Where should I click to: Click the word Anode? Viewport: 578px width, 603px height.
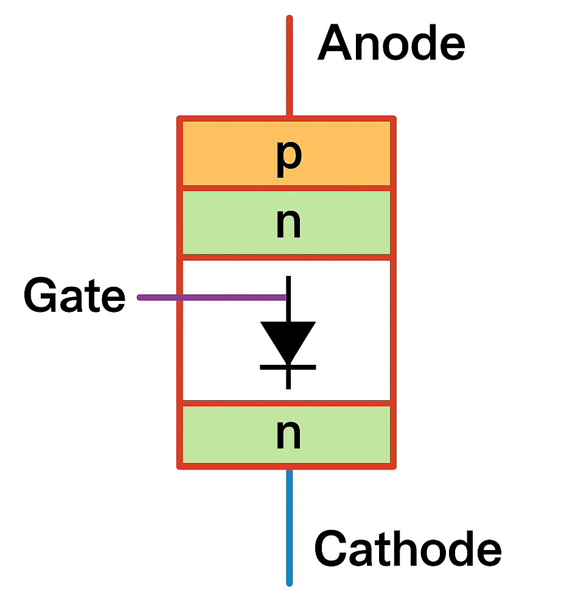click(391, 44)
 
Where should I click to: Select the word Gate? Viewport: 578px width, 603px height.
click(74, 297)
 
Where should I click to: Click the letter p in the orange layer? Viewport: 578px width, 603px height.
click(288, 157)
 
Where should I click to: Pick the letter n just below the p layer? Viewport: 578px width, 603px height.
click(288, 225)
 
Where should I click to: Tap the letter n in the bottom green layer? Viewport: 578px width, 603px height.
click(288, 435)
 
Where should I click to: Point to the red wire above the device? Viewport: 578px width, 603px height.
click(289, 67)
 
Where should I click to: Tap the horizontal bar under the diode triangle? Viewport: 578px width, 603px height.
click(288, 367)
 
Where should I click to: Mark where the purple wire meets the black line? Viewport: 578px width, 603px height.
click(287, 297)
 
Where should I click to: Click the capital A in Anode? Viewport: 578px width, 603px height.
click(335, 44)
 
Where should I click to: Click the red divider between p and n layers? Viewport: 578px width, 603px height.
click(287, 188)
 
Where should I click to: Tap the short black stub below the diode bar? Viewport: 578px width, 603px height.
click(288, 379)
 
